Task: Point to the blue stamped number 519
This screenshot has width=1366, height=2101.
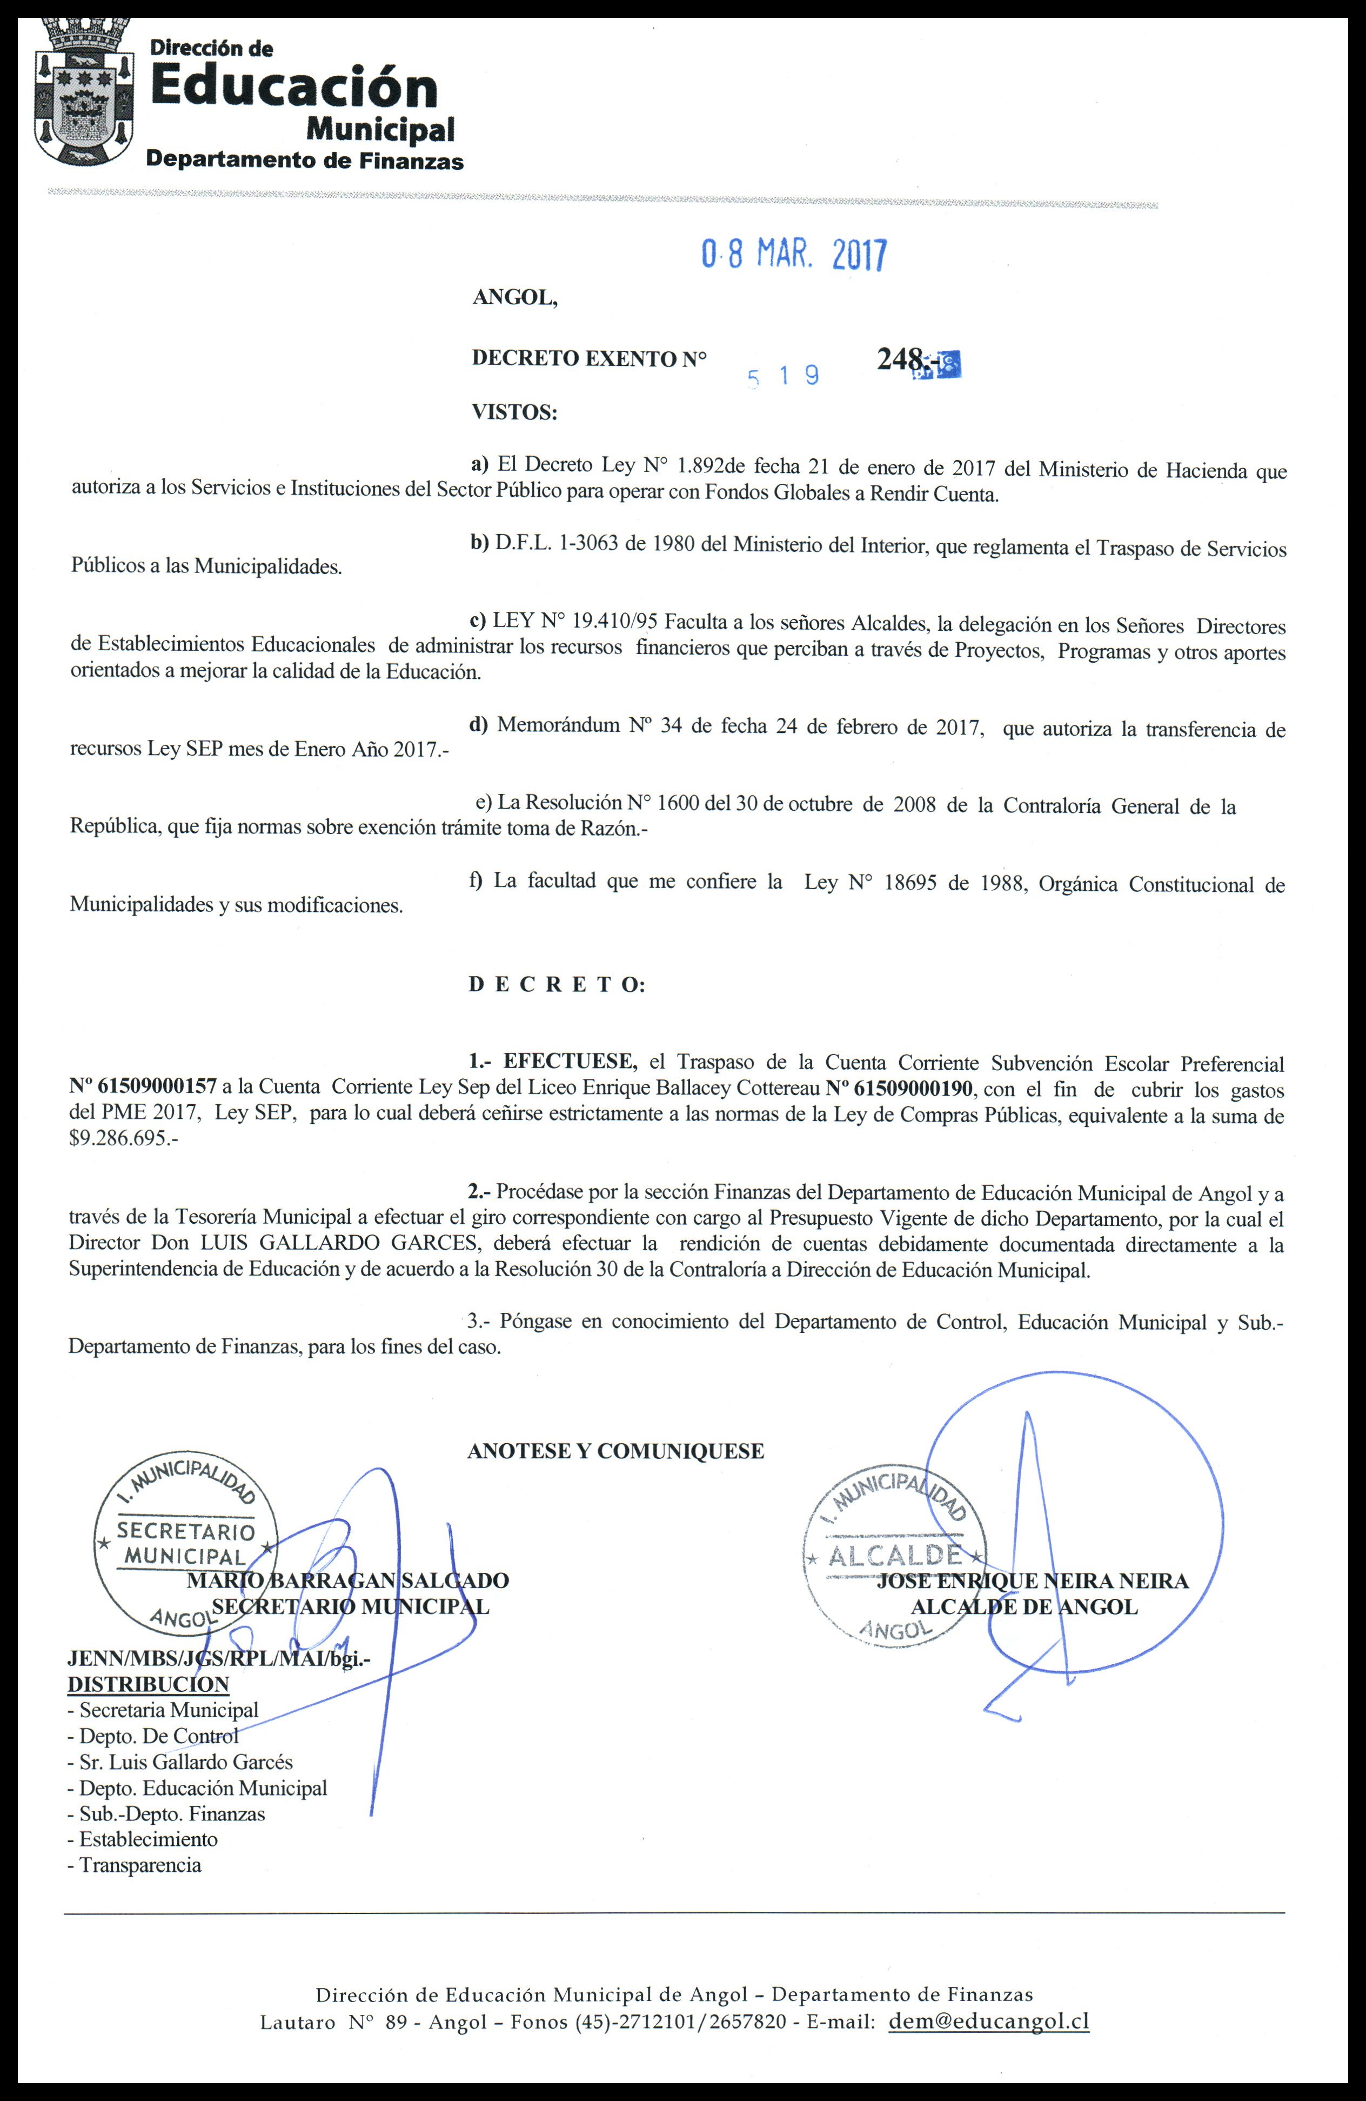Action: (x=784, y=377)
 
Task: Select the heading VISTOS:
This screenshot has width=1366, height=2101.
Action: (x=514, y=412)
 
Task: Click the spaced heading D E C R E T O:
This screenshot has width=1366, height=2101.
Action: (x=556, y=985)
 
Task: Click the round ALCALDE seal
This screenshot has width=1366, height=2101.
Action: (x=893, y=1556)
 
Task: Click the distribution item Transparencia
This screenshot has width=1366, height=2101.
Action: (x=139, y=1865)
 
